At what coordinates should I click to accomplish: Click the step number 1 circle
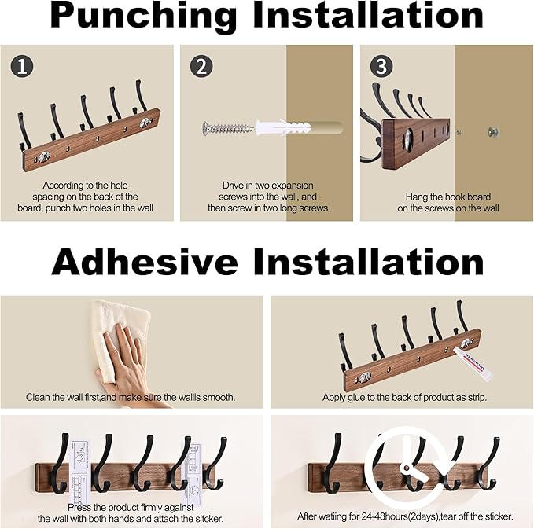coord(22,66)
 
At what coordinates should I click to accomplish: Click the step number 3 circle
coord(381,66)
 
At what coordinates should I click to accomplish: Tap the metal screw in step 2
coord(228,127)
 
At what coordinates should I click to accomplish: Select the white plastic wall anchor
coord(276,127)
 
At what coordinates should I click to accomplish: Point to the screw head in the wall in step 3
coord(495,132)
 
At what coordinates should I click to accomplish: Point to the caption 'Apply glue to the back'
coord(404,398)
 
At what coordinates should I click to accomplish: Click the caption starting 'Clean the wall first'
coord(131,398)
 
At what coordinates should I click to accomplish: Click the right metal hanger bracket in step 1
coord(145,123)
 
